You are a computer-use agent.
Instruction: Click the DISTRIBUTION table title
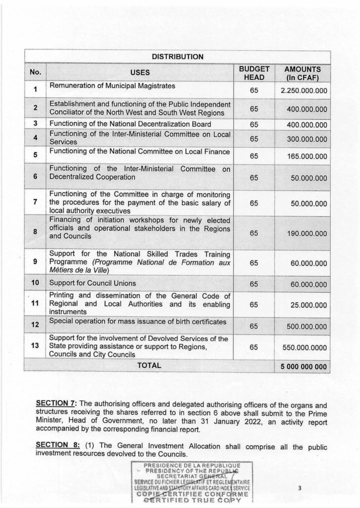[x=178, y=57]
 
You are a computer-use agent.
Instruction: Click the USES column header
[x=140, y=72]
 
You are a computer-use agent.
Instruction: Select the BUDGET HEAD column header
[x=254, y=73]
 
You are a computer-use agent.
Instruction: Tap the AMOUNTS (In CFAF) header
[x=302, y=73]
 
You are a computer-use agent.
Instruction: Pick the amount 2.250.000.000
[x=302, y=91]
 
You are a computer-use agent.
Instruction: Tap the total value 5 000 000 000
[x=302, y=367]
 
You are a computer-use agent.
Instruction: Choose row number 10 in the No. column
[x=35, y=283]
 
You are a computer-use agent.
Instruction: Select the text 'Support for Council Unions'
[x=92, y=283]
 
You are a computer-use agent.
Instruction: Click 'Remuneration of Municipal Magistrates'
[x=112, y=86]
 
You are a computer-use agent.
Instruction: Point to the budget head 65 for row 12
[x=254, y=326]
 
